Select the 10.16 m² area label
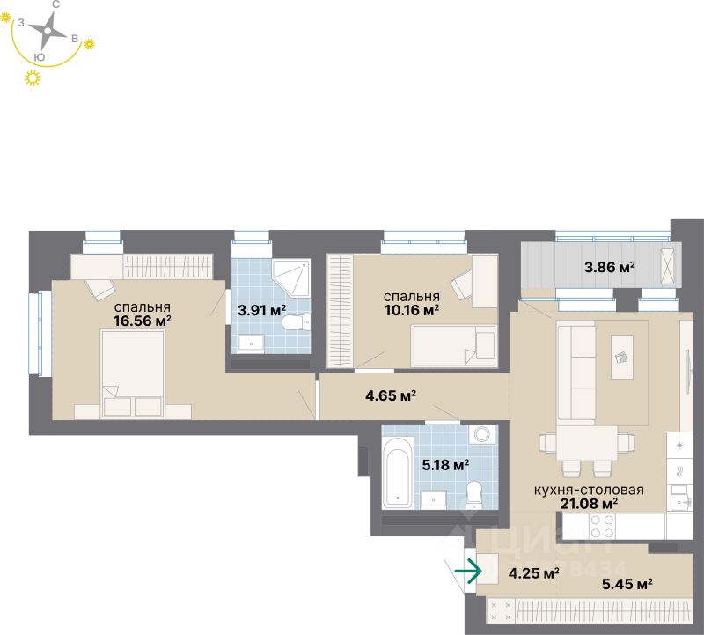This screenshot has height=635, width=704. (411, 309)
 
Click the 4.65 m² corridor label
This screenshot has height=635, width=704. (391, 395)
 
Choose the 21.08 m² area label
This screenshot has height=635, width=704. (588, 504)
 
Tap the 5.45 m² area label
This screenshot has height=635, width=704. (625, 583)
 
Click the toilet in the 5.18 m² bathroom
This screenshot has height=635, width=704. (474, 494)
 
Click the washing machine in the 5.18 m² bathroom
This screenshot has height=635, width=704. (481, 435)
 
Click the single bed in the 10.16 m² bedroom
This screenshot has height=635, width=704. (454, 344)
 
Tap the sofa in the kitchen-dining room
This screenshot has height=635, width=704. (576, 370)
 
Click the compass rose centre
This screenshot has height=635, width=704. (49, 33)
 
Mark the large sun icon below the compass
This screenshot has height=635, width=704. (33, 79)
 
